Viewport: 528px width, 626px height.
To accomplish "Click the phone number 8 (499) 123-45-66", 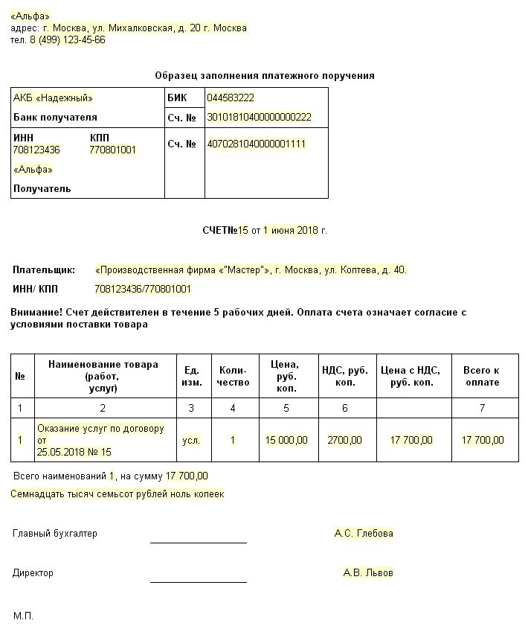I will coord(67,40).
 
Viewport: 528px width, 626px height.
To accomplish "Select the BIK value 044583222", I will coord(231,98).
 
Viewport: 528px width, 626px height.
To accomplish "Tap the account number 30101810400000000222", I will coord(259,118).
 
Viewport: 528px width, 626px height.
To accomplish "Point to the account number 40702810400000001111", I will coord(257,144).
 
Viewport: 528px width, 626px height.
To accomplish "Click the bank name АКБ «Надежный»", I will coord(54,98).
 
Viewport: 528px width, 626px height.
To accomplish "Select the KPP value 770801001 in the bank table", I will coord(112,150).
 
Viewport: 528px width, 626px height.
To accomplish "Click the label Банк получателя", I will coord(56,118).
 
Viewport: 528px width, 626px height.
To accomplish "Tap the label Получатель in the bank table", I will coord(42,189).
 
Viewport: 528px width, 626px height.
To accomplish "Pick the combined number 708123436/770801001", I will coord(144,290).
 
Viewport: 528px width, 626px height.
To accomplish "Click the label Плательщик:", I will coord(45,270).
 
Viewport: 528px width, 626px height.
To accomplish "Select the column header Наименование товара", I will coord(103,365).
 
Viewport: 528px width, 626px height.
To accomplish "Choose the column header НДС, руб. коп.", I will coord(344,377).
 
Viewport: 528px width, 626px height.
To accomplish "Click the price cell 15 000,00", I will coord(286,441).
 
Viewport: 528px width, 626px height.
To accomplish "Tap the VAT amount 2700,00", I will coord(344,441).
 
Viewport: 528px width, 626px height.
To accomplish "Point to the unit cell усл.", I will coord(191,441).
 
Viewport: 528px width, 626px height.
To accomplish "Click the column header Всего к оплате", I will coord(481,377).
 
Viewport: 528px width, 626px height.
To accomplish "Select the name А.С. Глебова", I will coord(364,534).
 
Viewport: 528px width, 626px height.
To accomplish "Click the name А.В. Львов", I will coord(368,573).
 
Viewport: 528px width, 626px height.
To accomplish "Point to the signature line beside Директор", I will coord(198,581).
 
